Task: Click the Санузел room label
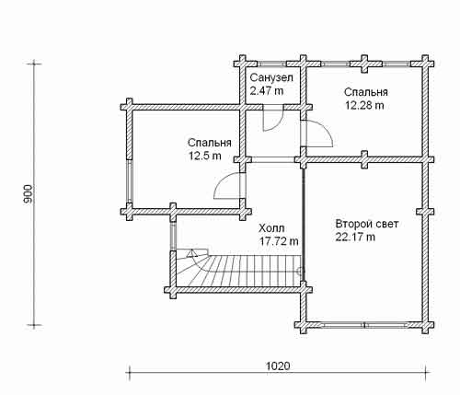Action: click(x=271, y=77)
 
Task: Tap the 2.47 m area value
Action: click(x=267, y=91)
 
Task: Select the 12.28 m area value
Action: click(x=364, y=105)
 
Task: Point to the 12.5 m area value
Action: click(x=204, y=156)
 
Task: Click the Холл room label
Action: click(x=271, y=228)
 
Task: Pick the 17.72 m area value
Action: click(x=279, y=241)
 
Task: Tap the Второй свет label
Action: click(x=367, y=224)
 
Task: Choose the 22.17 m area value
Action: click(x=355, y=238)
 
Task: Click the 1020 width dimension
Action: click(x=278, y=366)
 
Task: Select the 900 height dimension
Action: click(x=28, y=194)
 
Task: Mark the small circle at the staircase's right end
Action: click(x=300, y=271)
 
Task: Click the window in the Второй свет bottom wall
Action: click(x=364, y=325)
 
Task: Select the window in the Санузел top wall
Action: click(x=271, y=64)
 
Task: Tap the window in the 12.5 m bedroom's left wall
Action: click(x=130, y=181)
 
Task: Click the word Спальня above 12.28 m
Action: click(x=366, y=92)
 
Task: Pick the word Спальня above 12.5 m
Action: click(x=210, y=143)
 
